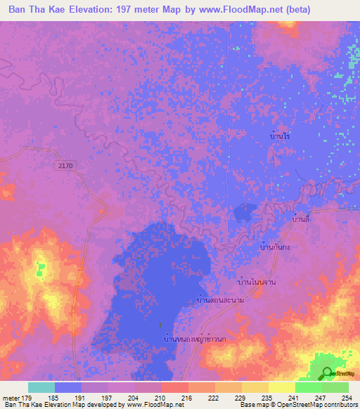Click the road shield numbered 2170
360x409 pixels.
tap(66, 164)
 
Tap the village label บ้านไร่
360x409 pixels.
tap(280, 136)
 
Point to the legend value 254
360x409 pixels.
tap(347, 397)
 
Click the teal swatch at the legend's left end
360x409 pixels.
tap(41, 387)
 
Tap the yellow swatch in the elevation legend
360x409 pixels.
tap(281, 387)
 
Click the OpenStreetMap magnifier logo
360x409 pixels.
tap(327, 374)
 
